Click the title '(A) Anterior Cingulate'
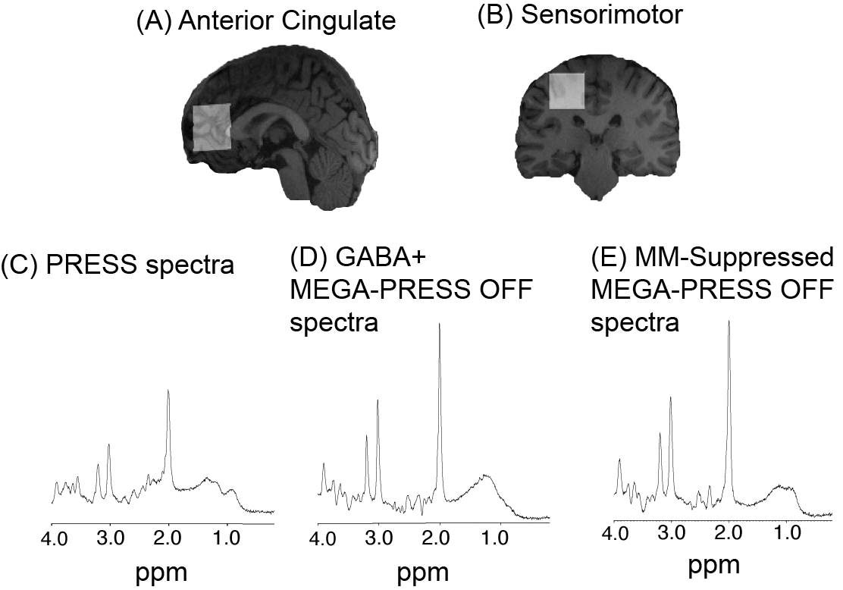pos(265,20)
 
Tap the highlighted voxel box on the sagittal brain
pos(212,128)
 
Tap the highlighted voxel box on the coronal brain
pos(567,91)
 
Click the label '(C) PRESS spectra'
pos(118,266)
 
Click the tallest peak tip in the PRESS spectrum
pos(168,390)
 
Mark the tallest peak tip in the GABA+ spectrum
pos(440,324)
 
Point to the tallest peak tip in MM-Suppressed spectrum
pos(729,321)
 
